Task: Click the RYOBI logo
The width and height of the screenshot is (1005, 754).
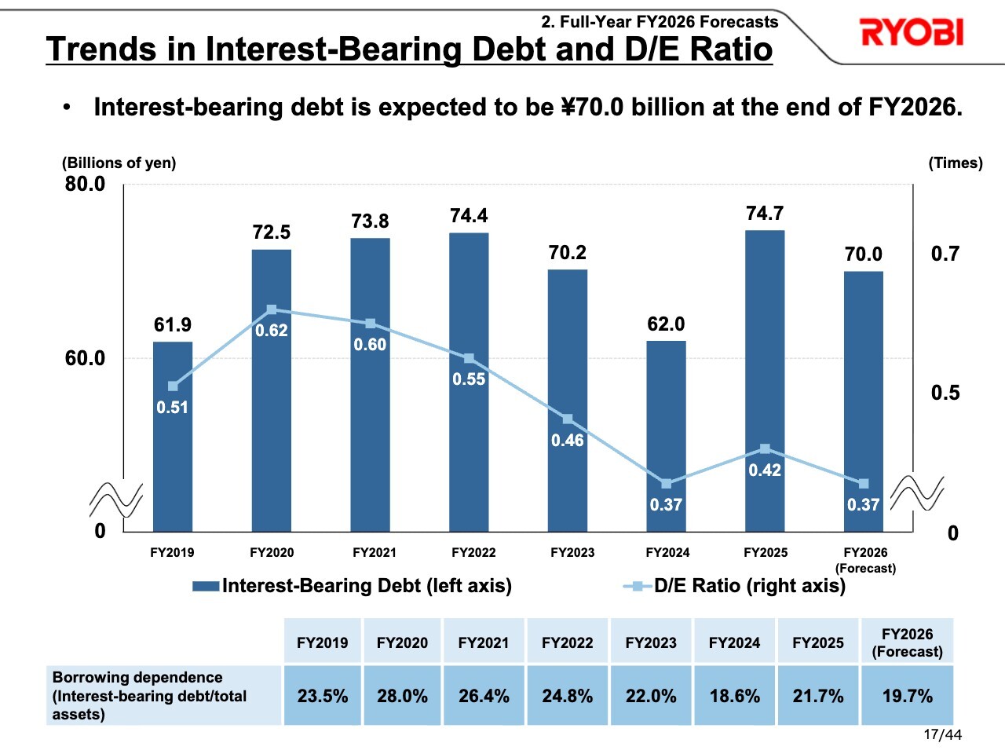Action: point(912,33)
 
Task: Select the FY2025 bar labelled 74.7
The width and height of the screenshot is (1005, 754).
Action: point(765,377)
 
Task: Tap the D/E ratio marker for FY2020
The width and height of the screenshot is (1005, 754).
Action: point(272,310)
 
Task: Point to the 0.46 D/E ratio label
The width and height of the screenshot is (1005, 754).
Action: point(567,441)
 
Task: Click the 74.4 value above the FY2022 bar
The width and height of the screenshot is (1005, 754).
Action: point(469,216)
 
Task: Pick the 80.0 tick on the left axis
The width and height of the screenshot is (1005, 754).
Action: point(85,184)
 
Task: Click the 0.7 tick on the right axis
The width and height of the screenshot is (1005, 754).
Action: point(945,254)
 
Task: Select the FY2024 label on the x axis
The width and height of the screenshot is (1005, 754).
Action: point(667,553)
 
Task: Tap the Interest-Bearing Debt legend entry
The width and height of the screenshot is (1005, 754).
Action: point(353,586)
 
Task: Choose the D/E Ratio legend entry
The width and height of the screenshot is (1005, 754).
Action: point(735,586)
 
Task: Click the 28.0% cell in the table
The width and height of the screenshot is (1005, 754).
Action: point(402,696)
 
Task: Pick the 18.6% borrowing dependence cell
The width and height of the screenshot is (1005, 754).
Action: point(734,696)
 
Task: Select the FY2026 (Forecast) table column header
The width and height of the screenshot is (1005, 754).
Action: point(907,642)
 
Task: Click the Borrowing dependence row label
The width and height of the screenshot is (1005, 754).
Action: point(149,696)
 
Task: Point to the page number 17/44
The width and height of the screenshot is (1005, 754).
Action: point(942,735)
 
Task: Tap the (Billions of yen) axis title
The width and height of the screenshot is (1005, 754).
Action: point(119,163)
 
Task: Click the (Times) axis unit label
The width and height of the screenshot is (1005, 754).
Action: point(956,163)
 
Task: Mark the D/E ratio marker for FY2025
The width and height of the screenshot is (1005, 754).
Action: point(765,449)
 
